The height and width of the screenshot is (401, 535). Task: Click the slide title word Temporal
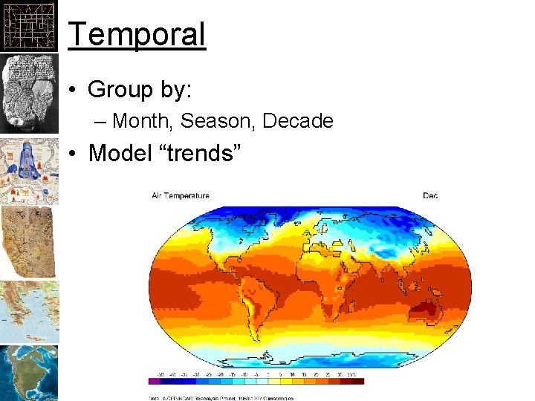(137, 35)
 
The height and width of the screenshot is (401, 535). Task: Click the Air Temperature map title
(181, 196)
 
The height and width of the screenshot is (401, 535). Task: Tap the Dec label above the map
(430, 196)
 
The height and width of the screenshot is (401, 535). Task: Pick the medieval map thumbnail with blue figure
(28, 171)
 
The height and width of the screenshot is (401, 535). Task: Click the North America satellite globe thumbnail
(28, 373)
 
